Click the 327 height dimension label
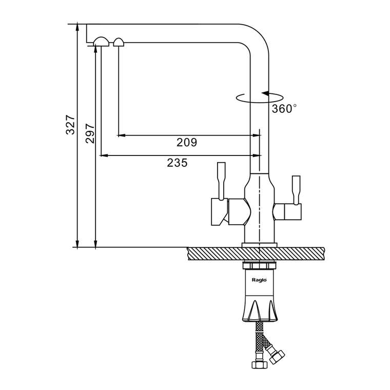[70, 125]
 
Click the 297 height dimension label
[90, 133]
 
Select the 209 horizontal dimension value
[187, 142]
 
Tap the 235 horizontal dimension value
[177, 163]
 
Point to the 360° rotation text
[284, 108]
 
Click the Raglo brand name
[259, 280]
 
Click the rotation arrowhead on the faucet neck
[265, 93]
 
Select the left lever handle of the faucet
[221, 181]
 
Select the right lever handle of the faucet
[297, 190]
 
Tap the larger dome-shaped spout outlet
[101, 42]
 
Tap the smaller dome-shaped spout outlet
[119, 42]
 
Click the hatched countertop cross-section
[256, 254]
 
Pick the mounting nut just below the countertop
[259, 266]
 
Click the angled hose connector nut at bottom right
[277, 357]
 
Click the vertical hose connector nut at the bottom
[260, 365]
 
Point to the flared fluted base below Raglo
[260, 308]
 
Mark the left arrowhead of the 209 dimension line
[121, 135]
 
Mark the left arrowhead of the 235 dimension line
[104, 155]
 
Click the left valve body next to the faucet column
[239, 211]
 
